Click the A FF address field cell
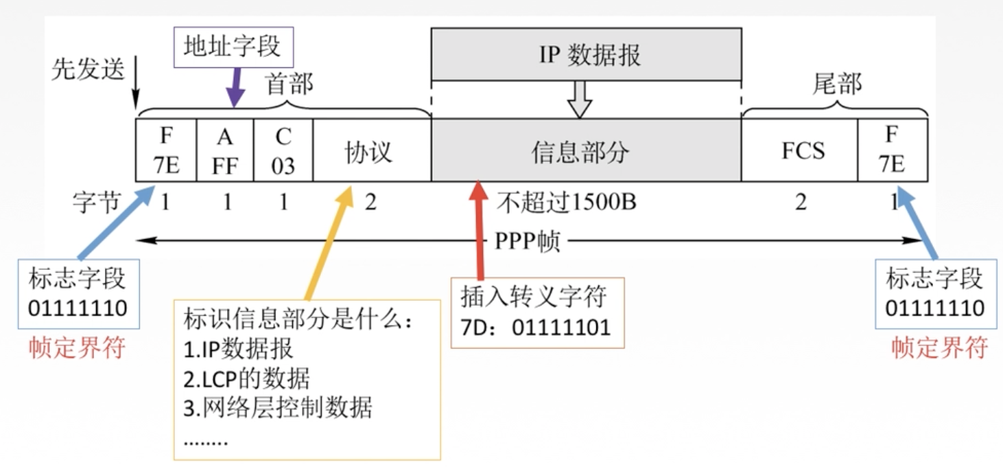[225, 150]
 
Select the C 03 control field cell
[283, 150]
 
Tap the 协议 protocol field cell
[371, 150]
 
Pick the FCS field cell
[799, 150]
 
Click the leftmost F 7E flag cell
[167, 150]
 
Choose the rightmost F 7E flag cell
[893, 150]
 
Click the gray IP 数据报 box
[586, 54]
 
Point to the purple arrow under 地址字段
[235, 89]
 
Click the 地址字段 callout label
[233, 46]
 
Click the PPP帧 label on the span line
[527, 241]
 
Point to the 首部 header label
[289, 84]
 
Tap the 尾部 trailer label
[837, 84]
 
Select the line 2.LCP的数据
[247, 378]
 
